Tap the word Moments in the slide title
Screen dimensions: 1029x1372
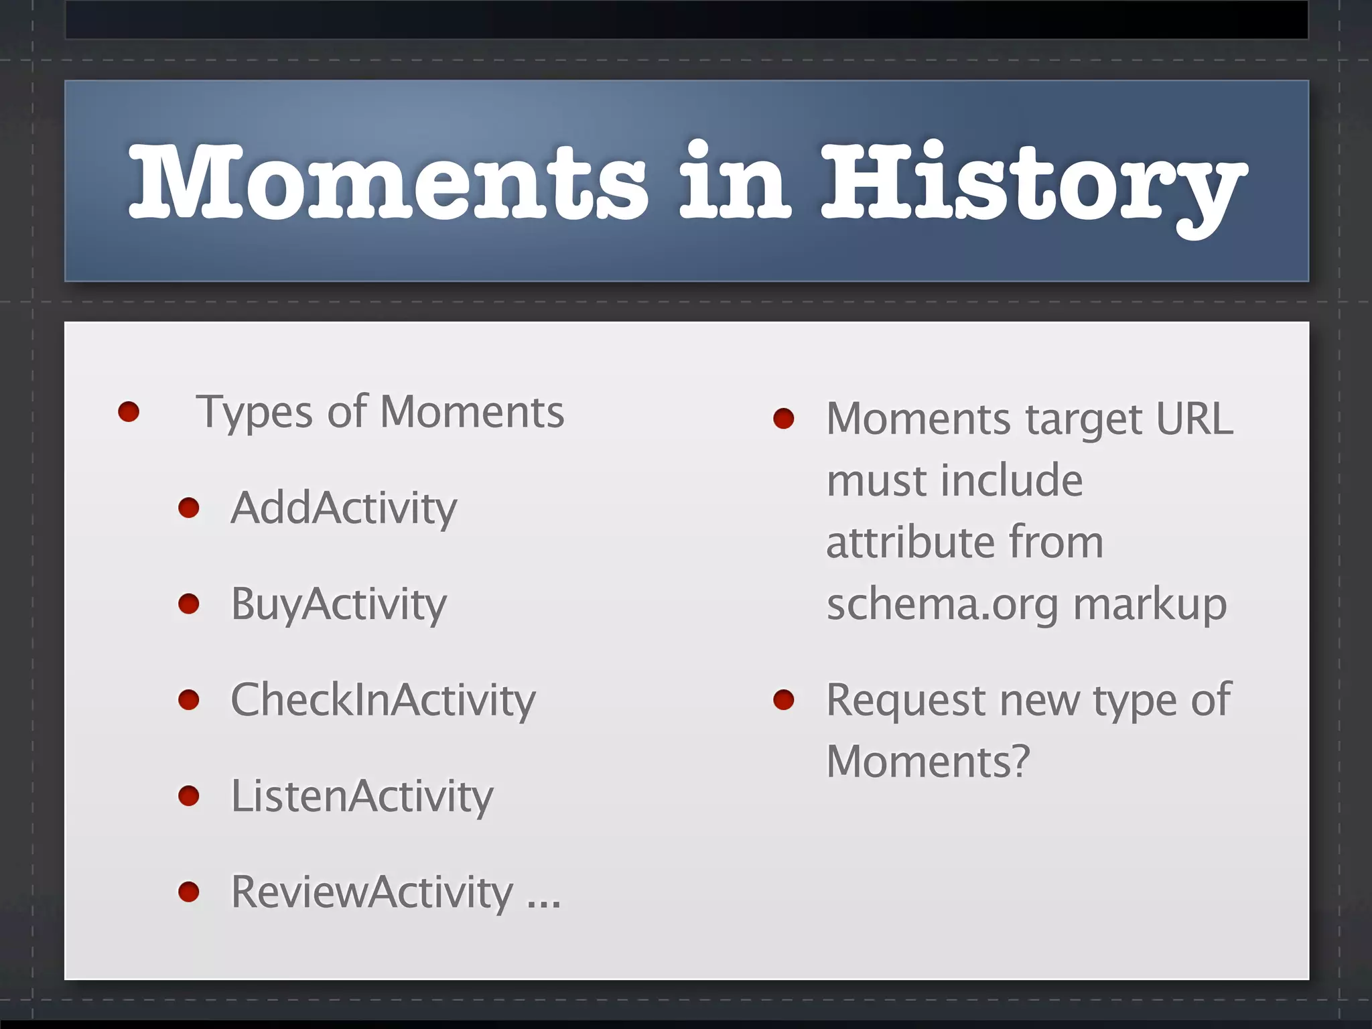pyautogui.click(x=389, y=182)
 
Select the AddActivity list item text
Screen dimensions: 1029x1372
pyautogui.click(x=344, y=508)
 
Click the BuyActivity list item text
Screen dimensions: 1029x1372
pyautogui.click(x=338, y=604)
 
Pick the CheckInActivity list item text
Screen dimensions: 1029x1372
pyautogui.click(x=383, y=701)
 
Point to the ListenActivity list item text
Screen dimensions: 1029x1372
pyautogui.click(x=362, y=797)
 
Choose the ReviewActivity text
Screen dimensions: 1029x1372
pyautogui.click(x=372, y=892)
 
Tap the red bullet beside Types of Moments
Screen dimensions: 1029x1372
pyautogui.click(x=129, y=411)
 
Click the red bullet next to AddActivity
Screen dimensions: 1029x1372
pyautogui.click(x=189, y=508)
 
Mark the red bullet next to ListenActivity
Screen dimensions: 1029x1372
pyautogui.click(x=189, y=796)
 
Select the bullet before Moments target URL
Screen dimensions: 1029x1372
pyautogui.click(x=783, y=419)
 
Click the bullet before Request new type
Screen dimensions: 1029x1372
pyautogui.click(x=783, y=701)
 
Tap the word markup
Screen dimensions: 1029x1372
pyautogui.click(x=1150, y=604)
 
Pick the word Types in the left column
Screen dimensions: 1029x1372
pyautogui.click(x=254, y=412)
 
